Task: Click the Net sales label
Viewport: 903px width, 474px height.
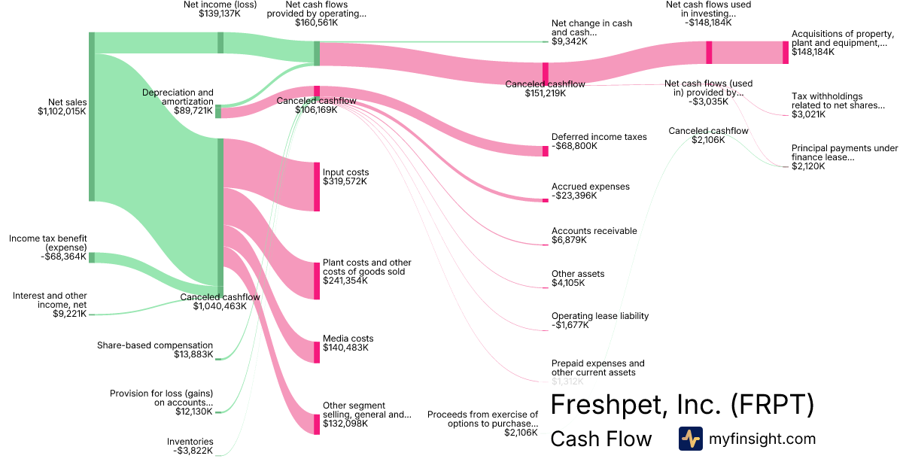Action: [x=67, y=102]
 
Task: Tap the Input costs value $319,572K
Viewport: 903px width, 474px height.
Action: [x=345, y=182]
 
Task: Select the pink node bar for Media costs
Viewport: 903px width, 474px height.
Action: [x=317, y=352]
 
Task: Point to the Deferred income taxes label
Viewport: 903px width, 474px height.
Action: [x=599, y=137]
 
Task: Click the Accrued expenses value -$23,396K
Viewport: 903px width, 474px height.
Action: [x=574, y=196]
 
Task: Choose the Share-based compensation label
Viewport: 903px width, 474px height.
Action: [x=155, y=345]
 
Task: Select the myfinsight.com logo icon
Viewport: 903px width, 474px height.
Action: [x=690, y=439]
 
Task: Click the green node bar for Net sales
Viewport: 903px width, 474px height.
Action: [x=92, y=117]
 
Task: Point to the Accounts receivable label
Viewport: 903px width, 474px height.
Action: [x=594, y=231]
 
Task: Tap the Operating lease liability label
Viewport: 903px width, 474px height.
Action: [x=600, y=316]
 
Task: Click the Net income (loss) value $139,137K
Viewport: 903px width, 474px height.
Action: [x=220, y=14]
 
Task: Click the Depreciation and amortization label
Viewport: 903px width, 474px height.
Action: [x=178, y=97]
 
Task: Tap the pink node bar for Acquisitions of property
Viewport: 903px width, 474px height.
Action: [x=786, y=53]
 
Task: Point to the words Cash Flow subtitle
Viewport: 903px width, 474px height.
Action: [x=600, y=439]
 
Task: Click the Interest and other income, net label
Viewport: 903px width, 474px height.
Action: [x=50, y=300]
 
